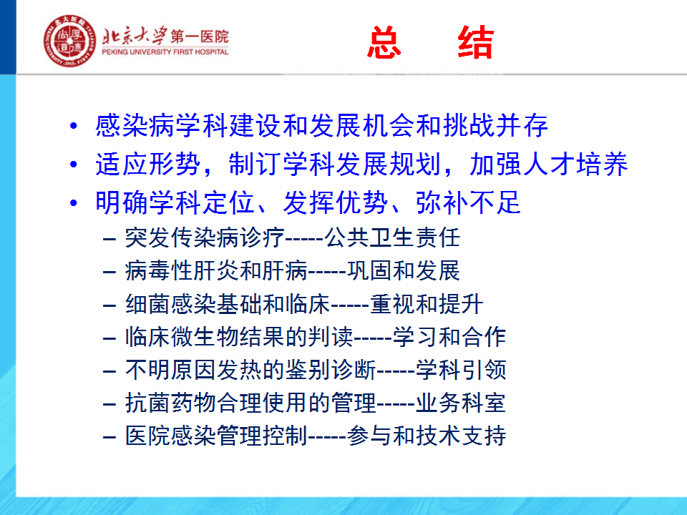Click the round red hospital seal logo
[x=69, y=41]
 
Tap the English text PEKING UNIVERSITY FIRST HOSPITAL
[x=165, y=51]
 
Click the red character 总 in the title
[x=384, y=42]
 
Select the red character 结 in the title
[x=476, y=42]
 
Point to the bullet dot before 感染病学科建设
[x=74, y=126]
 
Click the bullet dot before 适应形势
[x=74, y=165]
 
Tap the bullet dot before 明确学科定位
[x=74, y=202]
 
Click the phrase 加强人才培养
[x=549, y=165]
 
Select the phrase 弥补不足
[x=468, y=202]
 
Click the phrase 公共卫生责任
[x=392, y=237]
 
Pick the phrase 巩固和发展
[x=404, y=270]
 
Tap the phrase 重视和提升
[x=427, y=304]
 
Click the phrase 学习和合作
[x=449, y=337]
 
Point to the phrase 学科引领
[x=461, y=370]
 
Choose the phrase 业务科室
[x=461, y=403]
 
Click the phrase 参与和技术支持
[x=427, y=436]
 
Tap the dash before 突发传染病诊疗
[x=109, y=239]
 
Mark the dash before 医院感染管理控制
[x=109, y=437]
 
